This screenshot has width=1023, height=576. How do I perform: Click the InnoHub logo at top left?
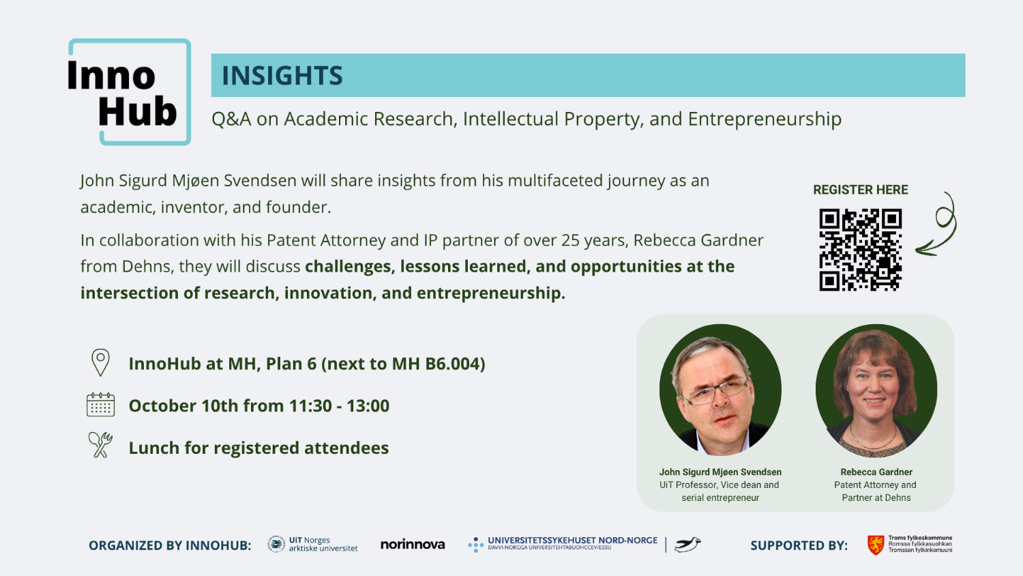128,92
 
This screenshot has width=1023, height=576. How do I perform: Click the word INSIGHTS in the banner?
282,76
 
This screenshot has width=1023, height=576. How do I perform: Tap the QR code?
860,250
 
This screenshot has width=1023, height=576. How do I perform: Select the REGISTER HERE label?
860,190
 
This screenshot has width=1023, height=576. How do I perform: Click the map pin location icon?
100,362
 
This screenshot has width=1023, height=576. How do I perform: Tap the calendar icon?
100,405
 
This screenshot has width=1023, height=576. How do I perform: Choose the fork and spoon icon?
100,445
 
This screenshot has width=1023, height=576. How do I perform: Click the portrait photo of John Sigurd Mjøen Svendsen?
720,390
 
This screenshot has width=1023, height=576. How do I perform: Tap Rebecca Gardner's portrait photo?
876,390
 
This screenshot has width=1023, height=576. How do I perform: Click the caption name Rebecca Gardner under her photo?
876,472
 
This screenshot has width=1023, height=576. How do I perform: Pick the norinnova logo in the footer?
413,545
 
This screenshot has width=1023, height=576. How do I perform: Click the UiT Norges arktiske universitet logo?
313,544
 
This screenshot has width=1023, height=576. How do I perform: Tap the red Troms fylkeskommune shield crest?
875,545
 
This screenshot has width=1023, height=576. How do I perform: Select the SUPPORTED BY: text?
799,545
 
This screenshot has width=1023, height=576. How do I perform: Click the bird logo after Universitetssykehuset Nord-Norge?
687,544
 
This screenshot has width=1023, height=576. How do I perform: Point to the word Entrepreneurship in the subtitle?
765,119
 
